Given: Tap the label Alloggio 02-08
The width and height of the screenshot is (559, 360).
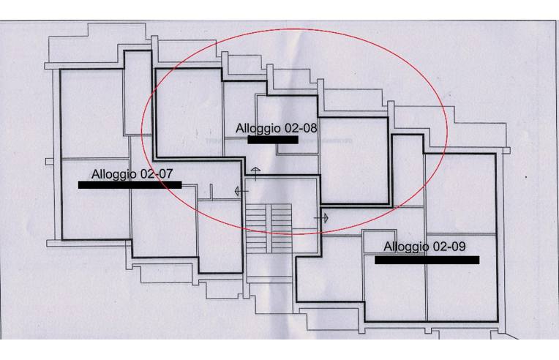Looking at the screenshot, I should point(276,128).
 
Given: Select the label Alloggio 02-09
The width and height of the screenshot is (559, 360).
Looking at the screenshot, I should point(424,247).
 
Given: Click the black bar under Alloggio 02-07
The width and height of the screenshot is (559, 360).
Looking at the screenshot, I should point(130,185).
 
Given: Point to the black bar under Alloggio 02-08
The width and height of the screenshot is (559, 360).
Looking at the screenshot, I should point(272,139).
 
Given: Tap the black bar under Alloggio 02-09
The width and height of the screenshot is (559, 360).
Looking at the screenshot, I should point(427,260).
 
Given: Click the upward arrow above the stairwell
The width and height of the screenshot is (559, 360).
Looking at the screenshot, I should point(255,173).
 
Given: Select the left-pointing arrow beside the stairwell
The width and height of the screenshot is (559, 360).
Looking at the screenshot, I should point(239,191).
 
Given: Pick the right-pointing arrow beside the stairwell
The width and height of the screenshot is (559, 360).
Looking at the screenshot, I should point(323,217).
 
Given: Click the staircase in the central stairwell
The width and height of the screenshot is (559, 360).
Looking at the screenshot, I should point(269,228).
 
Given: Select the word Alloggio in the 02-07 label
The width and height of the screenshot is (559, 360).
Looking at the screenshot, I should point(113,175).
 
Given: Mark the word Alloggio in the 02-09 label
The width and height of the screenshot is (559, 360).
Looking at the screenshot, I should point(407,247).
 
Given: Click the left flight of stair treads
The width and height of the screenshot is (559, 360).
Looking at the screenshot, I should point(256,228).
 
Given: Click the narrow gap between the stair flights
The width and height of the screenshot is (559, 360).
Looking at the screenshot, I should point(269,228).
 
